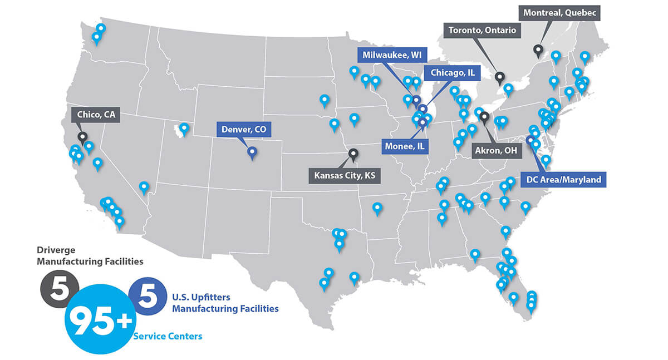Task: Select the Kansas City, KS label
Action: click(345, 176)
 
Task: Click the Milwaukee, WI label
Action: click(392, 55)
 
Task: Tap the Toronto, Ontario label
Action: click(482, 30)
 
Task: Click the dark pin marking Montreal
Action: click(538, 50)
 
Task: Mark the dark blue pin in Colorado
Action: click(252, 151)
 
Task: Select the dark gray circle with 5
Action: click(59, 289)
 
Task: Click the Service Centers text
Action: click(168, 336)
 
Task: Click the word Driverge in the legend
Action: click(56, 250)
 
